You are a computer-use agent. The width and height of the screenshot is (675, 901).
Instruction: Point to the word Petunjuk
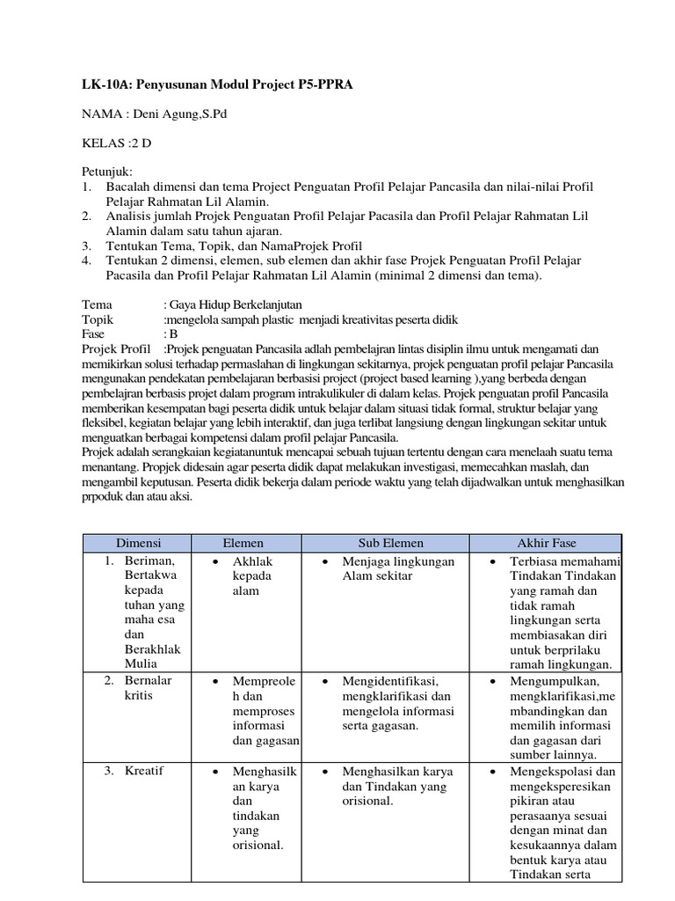click(106, 172)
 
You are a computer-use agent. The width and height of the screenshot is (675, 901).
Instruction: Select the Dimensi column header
click(139, 543)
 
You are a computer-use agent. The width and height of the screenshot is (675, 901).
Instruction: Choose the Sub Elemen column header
click(384, 543)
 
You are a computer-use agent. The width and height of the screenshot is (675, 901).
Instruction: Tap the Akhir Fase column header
click(545, 543)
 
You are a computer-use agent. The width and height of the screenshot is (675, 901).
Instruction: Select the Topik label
click(98, 319)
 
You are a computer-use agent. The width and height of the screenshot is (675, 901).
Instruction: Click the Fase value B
click(173, 333)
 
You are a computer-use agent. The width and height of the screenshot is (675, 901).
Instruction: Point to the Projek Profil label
click(117, 349)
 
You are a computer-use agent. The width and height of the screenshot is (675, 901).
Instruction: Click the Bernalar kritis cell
click(149, 688)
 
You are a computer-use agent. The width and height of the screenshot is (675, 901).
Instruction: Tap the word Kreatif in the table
click(144, 771)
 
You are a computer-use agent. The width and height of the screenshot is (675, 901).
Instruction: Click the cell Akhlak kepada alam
click(250, 576)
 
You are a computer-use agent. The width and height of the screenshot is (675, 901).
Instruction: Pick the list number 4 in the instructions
click(86, 261)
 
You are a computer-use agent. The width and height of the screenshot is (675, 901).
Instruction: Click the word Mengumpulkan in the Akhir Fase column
click(555, 681)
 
